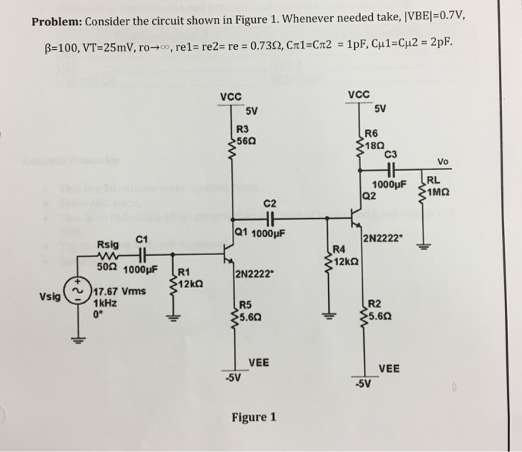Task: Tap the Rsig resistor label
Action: (x=107, y=244)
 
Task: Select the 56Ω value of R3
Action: (x=246, y=141)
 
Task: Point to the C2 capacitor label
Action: (x=270, y=203)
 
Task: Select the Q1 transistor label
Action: (x=240, y=231)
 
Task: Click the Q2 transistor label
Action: (x=368, y=196)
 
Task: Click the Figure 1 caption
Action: (x=254, y=417)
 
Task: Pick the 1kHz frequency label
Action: (x=105, y=303)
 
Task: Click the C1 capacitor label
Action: (x=143, y=239)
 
